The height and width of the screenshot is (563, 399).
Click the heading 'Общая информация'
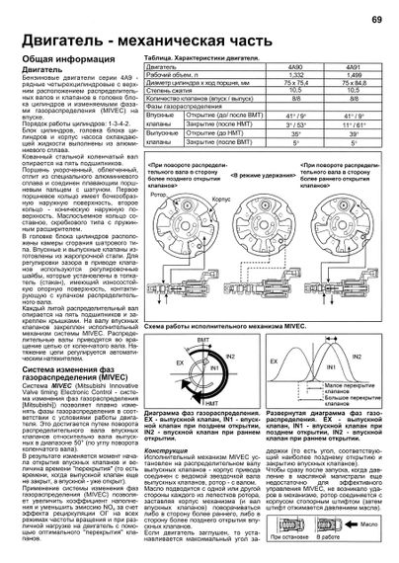point(65,62)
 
